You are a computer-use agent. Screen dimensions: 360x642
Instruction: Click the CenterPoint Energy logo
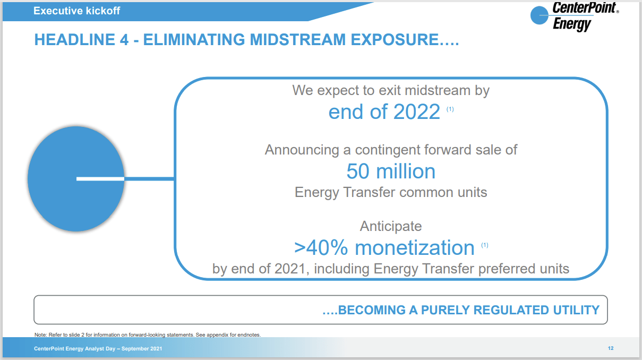click(573, 16)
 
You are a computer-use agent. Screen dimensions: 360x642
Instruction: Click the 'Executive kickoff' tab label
click(76, 11)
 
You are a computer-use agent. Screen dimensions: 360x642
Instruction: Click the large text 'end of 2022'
click(384, 112)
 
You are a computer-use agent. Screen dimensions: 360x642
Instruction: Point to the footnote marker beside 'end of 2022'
click(450, 109)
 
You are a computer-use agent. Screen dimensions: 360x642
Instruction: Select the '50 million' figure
click(391, 172)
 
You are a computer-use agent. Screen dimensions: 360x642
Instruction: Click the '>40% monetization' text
click(384, 247)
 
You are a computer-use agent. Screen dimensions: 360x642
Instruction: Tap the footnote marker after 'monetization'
click(485, 245)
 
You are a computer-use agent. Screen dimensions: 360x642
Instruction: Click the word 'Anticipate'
click(391, 226)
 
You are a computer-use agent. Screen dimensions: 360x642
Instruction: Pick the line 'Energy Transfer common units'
click(391, 192)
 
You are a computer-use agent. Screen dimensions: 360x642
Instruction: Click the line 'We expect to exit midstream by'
click(391, 90)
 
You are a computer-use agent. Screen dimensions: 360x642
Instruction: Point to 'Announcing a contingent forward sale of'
click(391, 150)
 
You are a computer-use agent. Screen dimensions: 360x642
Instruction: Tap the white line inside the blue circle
click(100, 179)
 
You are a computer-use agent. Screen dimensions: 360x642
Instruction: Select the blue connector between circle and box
click(149, 179)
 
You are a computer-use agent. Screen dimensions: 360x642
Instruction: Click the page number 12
click(611, 348)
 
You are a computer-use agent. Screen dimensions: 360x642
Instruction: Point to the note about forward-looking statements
click(147, 335)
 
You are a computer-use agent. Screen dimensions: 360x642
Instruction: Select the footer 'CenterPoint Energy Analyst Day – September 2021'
click(98, 348)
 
